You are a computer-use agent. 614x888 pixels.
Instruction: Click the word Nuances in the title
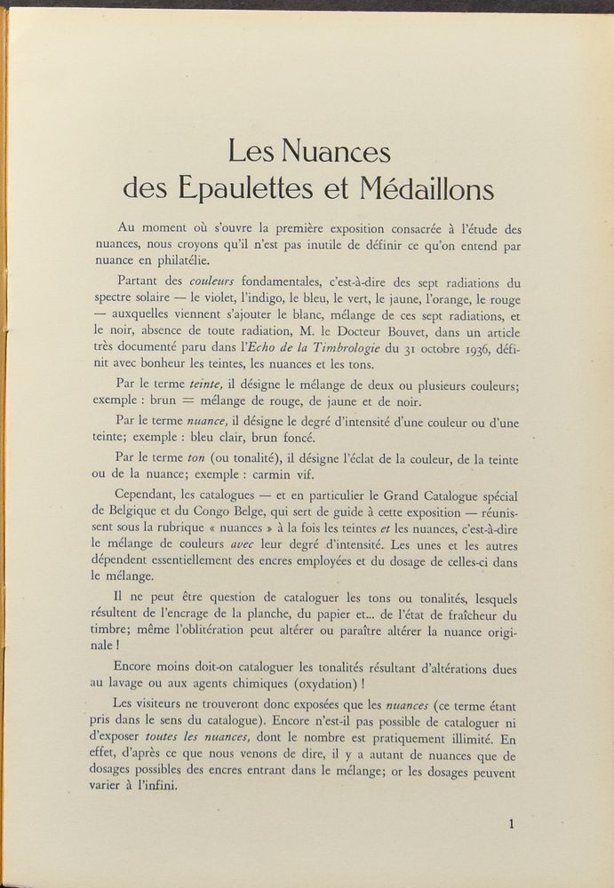pyautogui.click(x=337, y=151)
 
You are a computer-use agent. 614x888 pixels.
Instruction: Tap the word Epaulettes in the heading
pyautogui.click(x=258, y=188)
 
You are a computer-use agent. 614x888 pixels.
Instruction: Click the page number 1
pyautogui.click(x=513, y=824)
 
